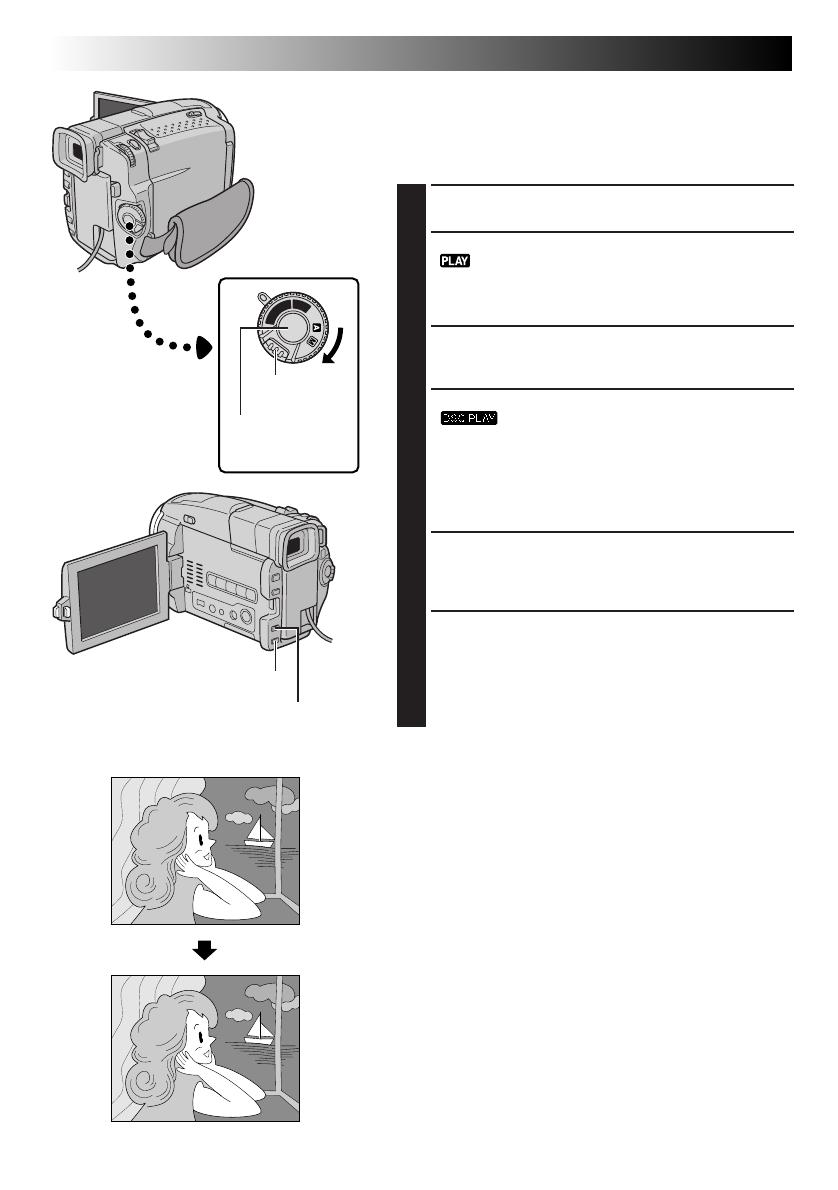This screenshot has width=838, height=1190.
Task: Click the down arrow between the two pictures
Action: pyautogui.click(x=205, y=950)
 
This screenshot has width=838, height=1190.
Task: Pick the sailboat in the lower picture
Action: pyautogui.click(x=259, y=1029)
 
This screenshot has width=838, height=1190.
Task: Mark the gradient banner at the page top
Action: pyautogui.click(x=420, y=53)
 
